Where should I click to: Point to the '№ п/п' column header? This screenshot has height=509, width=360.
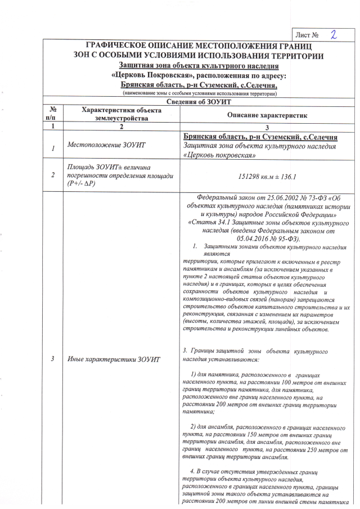[52, 114]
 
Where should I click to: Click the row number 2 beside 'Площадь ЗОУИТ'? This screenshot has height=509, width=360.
[52, 175]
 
